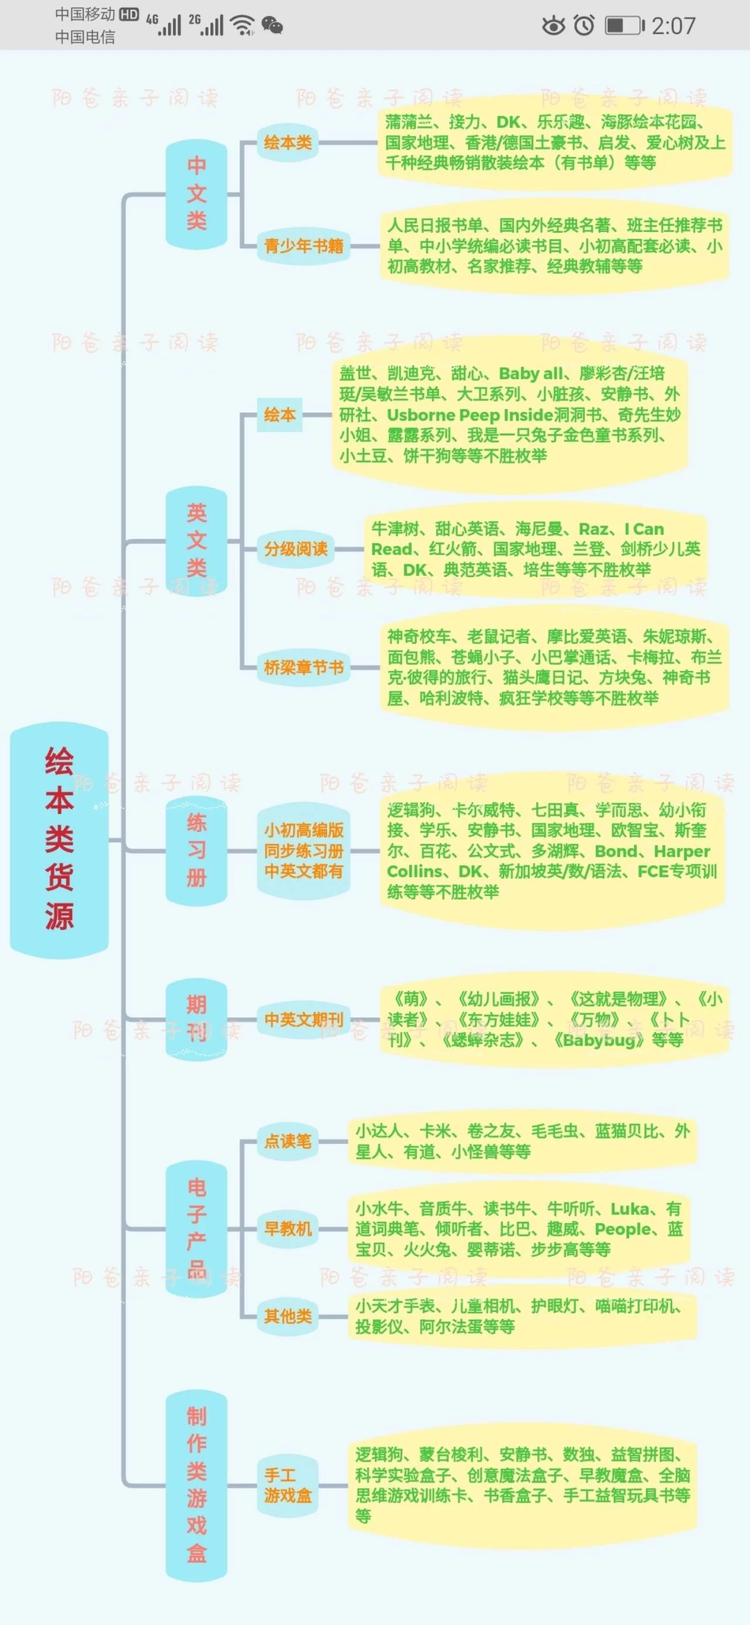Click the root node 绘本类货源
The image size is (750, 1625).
[59, 839]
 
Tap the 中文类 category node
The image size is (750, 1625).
[196, 193]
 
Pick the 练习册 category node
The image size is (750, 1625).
[196, 850]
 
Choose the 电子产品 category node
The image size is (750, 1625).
[196, 1228]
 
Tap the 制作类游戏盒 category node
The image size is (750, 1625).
[196, 1485]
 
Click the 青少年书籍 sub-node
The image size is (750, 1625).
[304, 246]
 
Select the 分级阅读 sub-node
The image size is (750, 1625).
[295, 549]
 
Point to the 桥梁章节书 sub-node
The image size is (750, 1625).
[304, 667]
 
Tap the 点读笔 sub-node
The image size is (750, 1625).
[288, 1140]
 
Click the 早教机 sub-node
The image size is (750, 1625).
[288, 1228]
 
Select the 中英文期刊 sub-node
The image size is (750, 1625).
[304, 1020]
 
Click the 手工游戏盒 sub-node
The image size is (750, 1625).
[288, 1485]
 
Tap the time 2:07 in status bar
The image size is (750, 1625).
[673, 26]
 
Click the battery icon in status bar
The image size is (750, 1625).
[625, 26]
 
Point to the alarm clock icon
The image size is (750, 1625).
[584, 26]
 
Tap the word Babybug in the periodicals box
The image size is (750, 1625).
[599, 1040]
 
